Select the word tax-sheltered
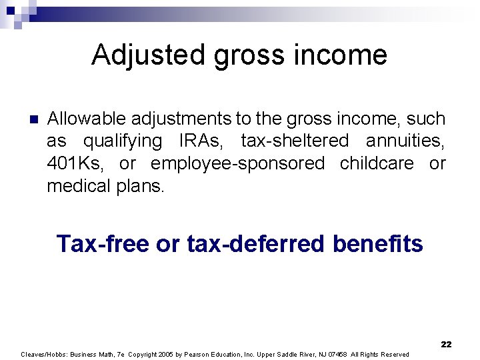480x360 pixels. pyautogui.click(x=295, y=141)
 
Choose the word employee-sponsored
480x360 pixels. pyautogui.click(x=238, y=164)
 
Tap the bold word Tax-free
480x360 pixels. pyautogui.click(x=103, y=244)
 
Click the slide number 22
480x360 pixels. pyautogui.click(x=446, y=345)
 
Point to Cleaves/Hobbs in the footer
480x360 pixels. pyautogui.click(x=43, y=355)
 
